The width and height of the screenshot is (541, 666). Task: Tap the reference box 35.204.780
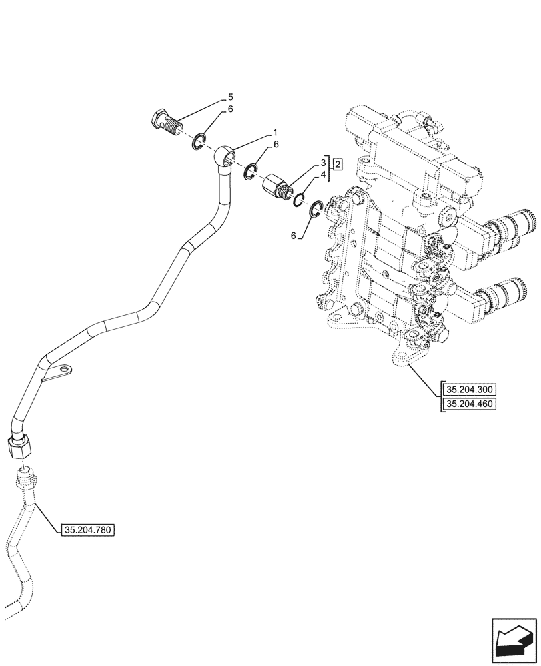88,530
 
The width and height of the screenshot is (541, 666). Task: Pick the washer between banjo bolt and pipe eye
198,141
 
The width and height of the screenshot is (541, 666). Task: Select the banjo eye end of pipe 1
226,157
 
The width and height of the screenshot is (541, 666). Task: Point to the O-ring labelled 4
299,199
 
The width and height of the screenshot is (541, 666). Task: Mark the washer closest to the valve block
317,210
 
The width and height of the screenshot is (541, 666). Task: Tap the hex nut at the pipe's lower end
21,444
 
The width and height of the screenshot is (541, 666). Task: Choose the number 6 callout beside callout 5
230,109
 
